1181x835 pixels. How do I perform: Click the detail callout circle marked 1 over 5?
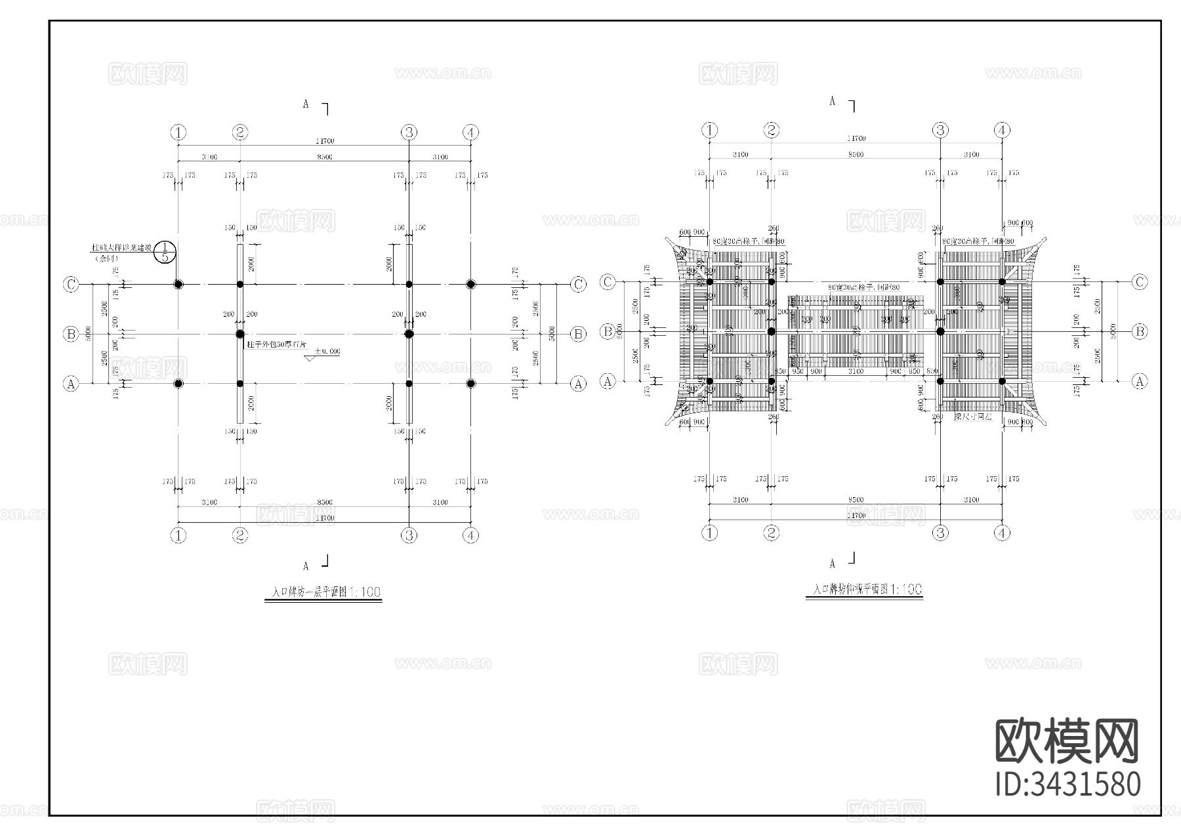tap(165, 251)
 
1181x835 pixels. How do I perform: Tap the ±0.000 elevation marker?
tap(326, 352)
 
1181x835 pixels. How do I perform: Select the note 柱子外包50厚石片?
tap(276, 344)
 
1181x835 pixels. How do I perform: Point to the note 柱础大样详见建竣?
tap(121, 249)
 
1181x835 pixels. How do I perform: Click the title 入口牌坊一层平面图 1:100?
tap(323, 592)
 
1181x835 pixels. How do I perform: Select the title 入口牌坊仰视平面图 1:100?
tap(864, 590)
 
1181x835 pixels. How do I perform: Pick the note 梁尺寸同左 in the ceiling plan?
tap(972, 417)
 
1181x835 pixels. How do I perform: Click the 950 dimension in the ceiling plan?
tap(798, 372)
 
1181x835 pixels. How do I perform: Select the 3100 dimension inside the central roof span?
tap(856, 372)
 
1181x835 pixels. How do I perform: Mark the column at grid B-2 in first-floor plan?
tap(240, 334)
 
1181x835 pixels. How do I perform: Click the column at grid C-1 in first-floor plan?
tap(178, 284)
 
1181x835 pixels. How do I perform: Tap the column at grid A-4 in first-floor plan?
tap(470, 384)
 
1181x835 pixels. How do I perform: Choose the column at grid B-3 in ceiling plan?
tap(940, 332)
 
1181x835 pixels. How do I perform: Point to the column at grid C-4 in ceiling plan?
tap(1002, 281)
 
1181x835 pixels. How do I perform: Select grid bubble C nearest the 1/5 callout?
tap(71, 284)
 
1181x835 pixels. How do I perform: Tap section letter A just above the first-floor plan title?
tap(306, 565)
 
